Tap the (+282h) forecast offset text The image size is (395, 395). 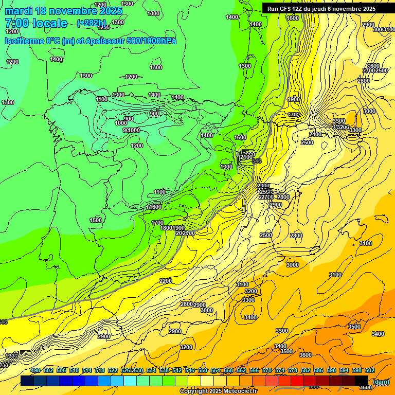point(92,23)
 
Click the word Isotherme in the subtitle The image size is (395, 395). point(24,41)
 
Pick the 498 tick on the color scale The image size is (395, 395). point(35,371)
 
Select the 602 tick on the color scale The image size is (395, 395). point(370,371)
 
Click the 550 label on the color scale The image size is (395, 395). point(203,371)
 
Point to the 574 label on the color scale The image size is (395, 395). point(280,371)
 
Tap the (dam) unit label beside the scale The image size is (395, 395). point(381,382)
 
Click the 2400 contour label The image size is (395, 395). point(315,134)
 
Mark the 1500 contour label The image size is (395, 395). point(96,220)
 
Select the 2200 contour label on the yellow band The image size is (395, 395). point(166,281)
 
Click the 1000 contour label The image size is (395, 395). point(121,123)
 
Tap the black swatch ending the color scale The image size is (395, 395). point(362,381)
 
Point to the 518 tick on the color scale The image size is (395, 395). point(100,371)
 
